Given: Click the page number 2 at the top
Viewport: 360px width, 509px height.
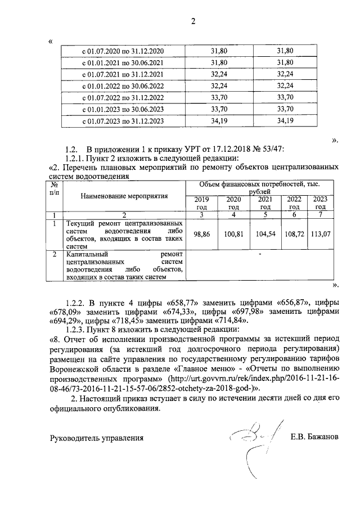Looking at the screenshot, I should (x=193, y=22).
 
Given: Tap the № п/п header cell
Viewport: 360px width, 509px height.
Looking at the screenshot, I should (x=55, y=188).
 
